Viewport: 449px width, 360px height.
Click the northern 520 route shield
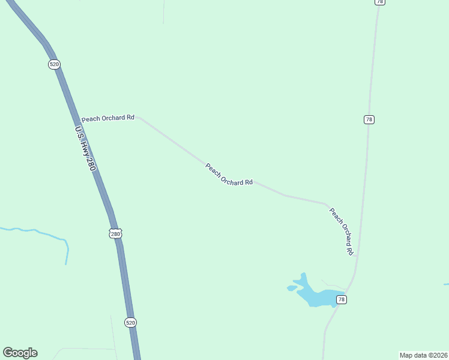(x=55, y=64)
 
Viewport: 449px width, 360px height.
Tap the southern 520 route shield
(x=131, y=322)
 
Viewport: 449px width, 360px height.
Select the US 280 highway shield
(x=116, y=233)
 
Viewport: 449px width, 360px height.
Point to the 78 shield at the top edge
(x=379, y=2)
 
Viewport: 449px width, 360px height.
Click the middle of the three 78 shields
(x=369, y=119)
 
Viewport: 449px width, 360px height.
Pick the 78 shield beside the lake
(x=341, y=299)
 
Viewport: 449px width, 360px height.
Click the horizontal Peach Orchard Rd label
(x=108, y=118)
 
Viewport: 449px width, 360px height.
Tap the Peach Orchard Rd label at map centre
(x=229, y=175)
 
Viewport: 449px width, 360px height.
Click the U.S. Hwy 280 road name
(x=85, y=149)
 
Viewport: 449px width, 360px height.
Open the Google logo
(x=20, y=353)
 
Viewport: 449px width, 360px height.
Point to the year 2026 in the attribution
(x=439, y=355)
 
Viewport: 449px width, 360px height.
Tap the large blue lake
(x=315, y=295)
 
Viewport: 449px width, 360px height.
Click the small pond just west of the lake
(x=292, y=288)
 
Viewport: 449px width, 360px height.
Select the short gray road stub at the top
(x=163, y=12)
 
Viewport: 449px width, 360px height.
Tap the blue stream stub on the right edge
(x=446, y=284)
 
